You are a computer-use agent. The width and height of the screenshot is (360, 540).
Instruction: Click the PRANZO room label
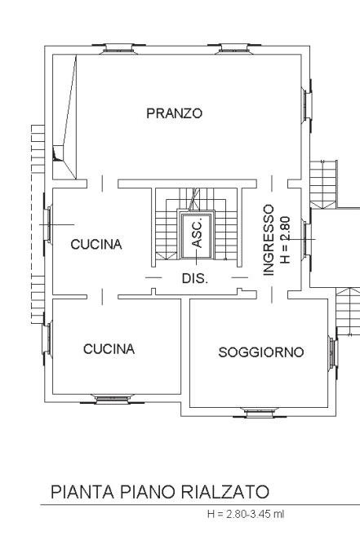(x=175, y=113)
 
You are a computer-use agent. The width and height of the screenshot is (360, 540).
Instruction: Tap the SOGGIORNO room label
(x=261, y=352)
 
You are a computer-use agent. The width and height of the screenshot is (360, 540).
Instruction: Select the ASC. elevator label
(x=197, y=235)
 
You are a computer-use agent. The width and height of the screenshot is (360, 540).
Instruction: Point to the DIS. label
(x=195, y=278)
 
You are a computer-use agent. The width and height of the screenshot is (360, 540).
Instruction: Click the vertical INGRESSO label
(x=269, y=240)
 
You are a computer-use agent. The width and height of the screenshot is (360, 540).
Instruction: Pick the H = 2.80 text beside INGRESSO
(x=286, y=240)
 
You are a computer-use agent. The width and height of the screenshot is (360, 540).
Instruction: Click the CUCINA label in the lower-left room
(x=109, y=349)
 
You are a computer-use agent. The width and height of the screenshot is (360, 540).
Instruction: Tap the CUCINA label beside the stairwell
(x=96, y=244)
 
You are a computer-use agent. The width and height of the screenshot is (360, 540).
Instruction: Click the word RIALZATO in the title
(x=225, y=492)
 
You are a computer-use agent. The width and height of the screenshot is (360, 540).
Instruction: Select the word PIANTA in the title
(x=82, y=492)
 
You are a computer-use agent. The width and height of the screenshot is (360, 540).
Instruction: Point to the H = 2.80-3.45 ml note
(x=246, y=514)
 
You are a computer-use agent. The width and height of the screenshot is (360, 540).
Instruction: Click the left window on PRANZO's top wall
(x=118, y=49)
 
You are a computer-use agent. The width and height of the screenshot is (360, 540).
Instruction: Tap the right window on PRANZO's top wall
(x=234, y=49)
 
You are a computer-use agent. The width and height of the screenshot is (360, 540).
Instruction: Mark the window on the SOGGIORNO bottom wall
(x=260, y=412)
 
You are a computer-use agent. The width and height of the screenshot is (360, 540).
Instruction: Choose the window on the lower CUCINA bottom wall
(x=113, y=399)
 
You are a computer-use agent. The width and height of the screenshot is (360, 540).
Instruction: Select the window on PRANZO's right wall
(x=307, y=104)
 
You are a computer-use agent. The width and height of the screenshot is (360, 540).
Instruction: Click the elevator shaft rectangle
(x=196, y=234)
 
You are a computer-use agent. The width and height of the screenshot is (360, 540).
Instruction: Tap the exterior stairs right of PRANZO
(x=323, y=184)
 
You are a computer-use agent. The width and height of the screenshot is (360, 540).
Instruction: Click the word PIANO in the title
(x=148, y=492)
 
